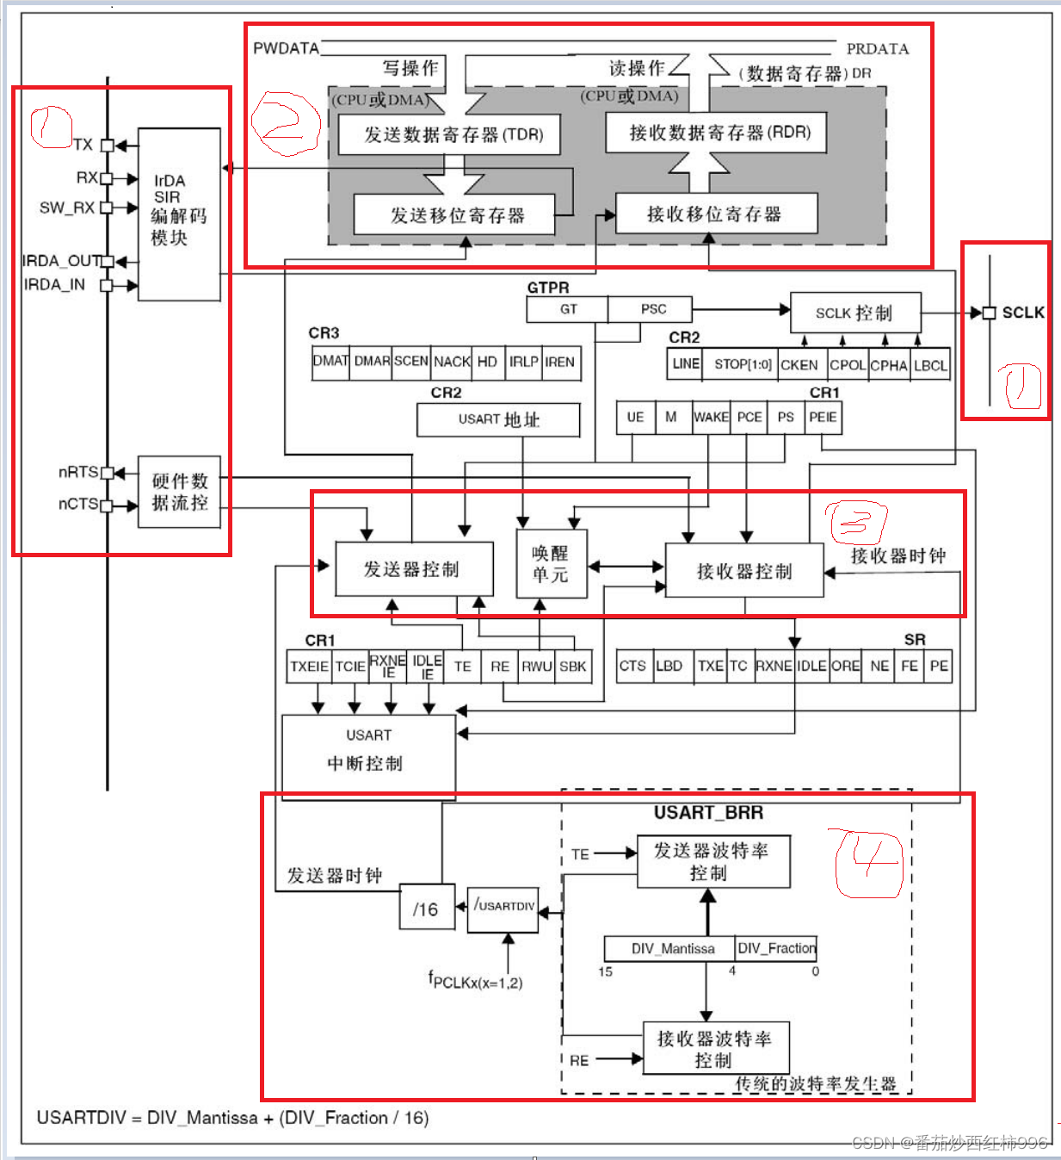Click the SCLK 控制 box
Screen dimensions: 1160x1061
(x=854, y=313)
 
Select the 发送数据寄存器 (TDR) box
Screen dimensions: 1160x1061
(x=453, y=135)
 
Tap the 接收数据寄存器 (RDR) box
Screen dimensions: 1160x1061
(x=716, y=133)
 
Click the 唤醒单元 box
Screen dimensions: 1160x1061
(x=551, y=564)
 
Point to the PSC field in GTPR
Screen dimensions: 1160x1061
(x=652, y=309)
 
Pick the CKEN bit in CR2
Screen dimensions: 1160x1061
(x=799, y=365)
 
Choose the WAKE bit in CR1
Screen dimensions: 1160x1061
(x=711, y=418)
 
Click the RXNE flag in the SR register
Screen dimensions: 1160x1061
(x=774, y=667)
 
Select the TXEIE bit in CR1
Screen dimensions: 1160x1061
(x=309, y=667)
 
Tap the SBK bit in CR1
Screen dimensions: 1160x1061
(x=572, y=667)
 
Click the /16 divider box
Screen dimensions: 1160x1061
(x=426, y=909)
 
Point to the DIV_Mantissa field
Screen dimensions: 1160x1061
(x=672, y=949)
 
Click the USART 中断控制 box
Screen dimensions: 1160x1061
(x=368, y=751)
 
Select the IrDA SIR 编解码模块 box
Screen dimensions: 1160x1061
(x=179, y=213)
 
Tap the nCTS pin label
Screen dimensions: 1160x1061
(x=77, y=504)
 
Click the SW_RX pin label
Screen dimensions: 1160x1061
(x=67, y=208)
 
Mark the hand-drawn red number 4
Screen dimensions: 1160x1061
(x=867, y=863)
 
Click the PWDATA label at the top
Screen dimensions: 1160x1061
(x=286, y=48)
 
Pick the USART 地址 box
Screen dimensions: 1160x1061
(x=498, y=419)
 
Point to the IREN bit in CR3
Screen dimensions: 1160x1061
(x=560, y=362)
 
